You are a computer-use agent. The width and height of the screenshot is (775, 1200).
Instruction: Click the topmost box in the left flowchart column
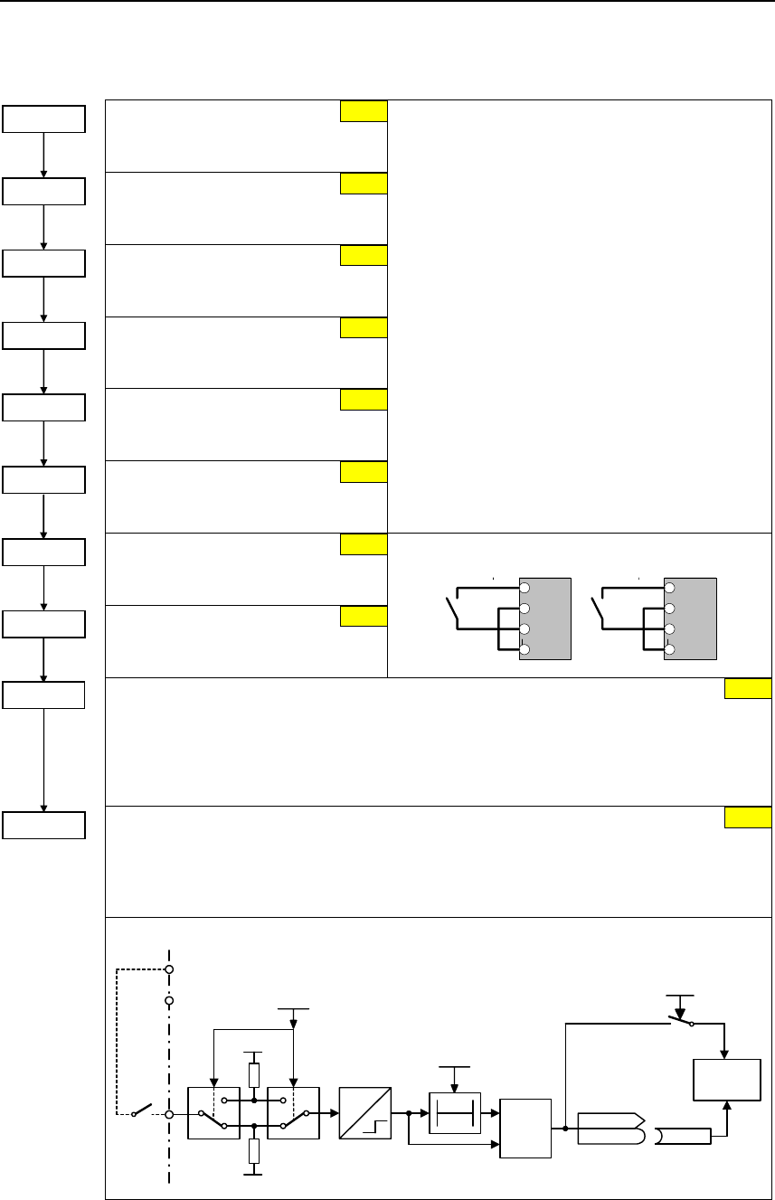coord(44,119)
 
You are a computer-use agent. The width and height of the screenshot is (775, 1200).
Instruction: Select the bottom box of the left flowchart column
coord(44,825)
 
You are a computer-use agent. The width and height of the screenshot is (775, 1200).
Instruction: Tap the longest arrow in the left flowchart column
coord(44,760)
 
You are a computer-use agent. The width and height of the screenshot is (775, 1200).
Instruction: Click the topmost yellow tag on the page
coord(364,110)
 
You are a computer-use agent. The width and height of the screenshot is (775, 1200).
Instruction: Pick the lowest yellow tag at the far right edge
coord(749,817)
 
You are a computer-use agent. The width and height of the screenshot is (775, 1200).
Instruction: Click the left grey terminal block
coord(545,619)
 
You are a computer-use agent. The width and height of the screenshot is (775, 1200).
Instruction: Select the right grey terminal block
coord(690,619)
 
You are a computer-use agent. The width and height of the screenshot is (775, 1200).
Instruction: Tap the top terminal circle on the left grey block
coord(525,586)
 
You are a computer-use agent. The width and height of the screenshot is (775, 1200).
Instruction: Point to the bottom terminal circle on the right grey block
coord(670,650)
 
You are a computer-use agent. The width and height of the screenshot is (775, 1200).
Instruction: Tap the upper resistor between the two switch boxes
coord(255,1074)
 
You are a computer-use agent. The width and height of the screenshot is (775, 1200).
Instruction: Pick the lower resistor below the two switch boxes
coord(255,1150)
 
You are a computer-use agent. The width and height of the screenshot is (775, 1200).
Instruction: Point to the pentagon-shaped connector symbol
coord(610,1128)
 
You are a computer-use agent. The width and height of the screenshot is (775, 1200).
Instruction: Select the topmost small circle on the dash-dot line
coord(169,969)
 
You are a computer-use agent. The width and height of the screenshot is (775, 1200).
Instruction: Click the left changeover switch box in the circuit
coord(213,1112)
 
